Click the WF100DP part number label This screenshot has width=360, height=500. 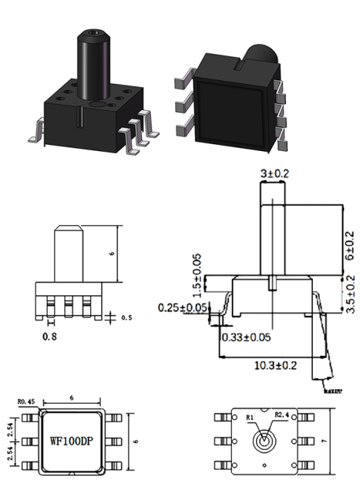point(72,440)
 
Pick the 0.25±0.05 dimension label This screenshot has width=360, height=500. point(183,307)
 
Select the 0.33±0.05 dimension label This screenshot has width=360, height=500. point(246,337)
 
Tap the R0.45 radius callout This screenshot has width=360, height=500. point(26,400)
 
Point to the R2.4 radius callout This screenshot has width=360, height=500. point(282,415)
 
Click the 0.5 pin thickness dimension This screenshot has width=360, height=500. point(125,319)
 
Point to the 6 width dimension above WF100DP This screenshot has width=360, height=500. point(71,399)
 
